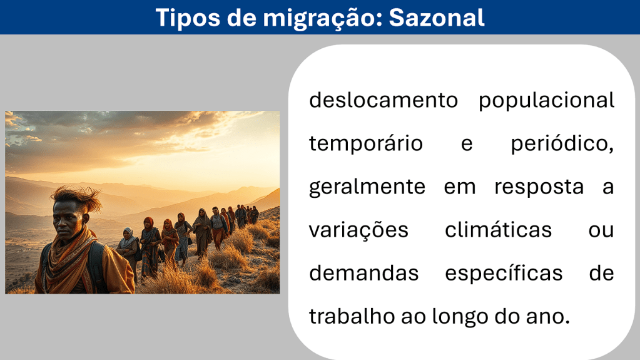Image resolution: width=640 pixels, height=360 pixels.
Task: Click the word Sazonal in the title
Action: coord(436,18)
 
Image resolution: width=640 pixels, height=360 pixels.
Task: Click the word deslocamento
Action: coord(383,100)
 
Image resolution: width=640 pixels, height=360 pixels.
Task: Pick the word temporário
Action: coord(366,143)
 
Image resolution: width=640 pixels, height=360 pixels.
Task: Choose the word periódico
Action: coord(562,143)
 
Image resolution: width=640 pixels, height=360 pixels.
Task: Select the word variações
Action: coord(358,229)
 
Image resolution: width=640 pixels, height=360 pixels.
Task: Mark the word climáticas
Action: coord(498,229)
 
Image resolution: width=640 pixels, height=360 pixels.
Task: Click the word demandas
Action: coord(363,273)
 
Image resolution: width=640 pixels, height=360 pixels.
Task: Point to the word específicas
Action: coord(504,274)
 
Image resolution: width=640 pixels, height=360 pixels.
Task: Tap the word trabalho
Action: coord(352,316)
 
